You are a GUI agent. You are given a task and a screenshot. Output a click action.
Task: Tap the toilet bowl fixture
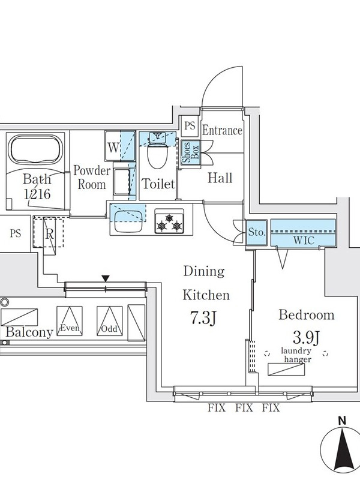pos(158,157)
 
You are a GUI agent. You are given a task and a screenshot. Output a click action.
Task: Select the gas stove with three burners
pos(169,221)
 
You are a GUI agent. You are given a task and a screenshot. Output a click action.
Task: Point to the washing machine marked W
pos(113,146)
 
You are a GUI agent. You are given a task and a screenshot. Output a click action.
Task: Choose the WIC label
pos(303,239)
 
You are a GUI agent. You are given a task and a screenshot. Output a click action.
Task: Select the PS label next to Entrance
pos(190,126)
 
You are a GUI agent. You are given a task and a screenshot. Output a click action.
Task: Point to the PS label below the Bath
pos(15,233)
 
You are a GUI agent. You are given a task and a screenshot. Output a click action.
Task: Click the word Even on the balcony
pos(70,328)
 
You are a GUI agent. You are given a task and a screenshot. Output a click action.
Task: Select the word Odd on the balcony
pos(109,329)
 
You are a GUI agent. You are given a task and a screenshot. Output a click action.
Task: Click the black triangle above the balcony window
pos(106,277)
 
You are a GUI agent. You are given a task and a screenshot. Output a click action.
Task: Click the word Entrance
pos(222,130)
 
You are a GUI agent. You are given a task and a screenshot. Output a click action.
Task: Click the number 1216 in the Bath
pos(37,194)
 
